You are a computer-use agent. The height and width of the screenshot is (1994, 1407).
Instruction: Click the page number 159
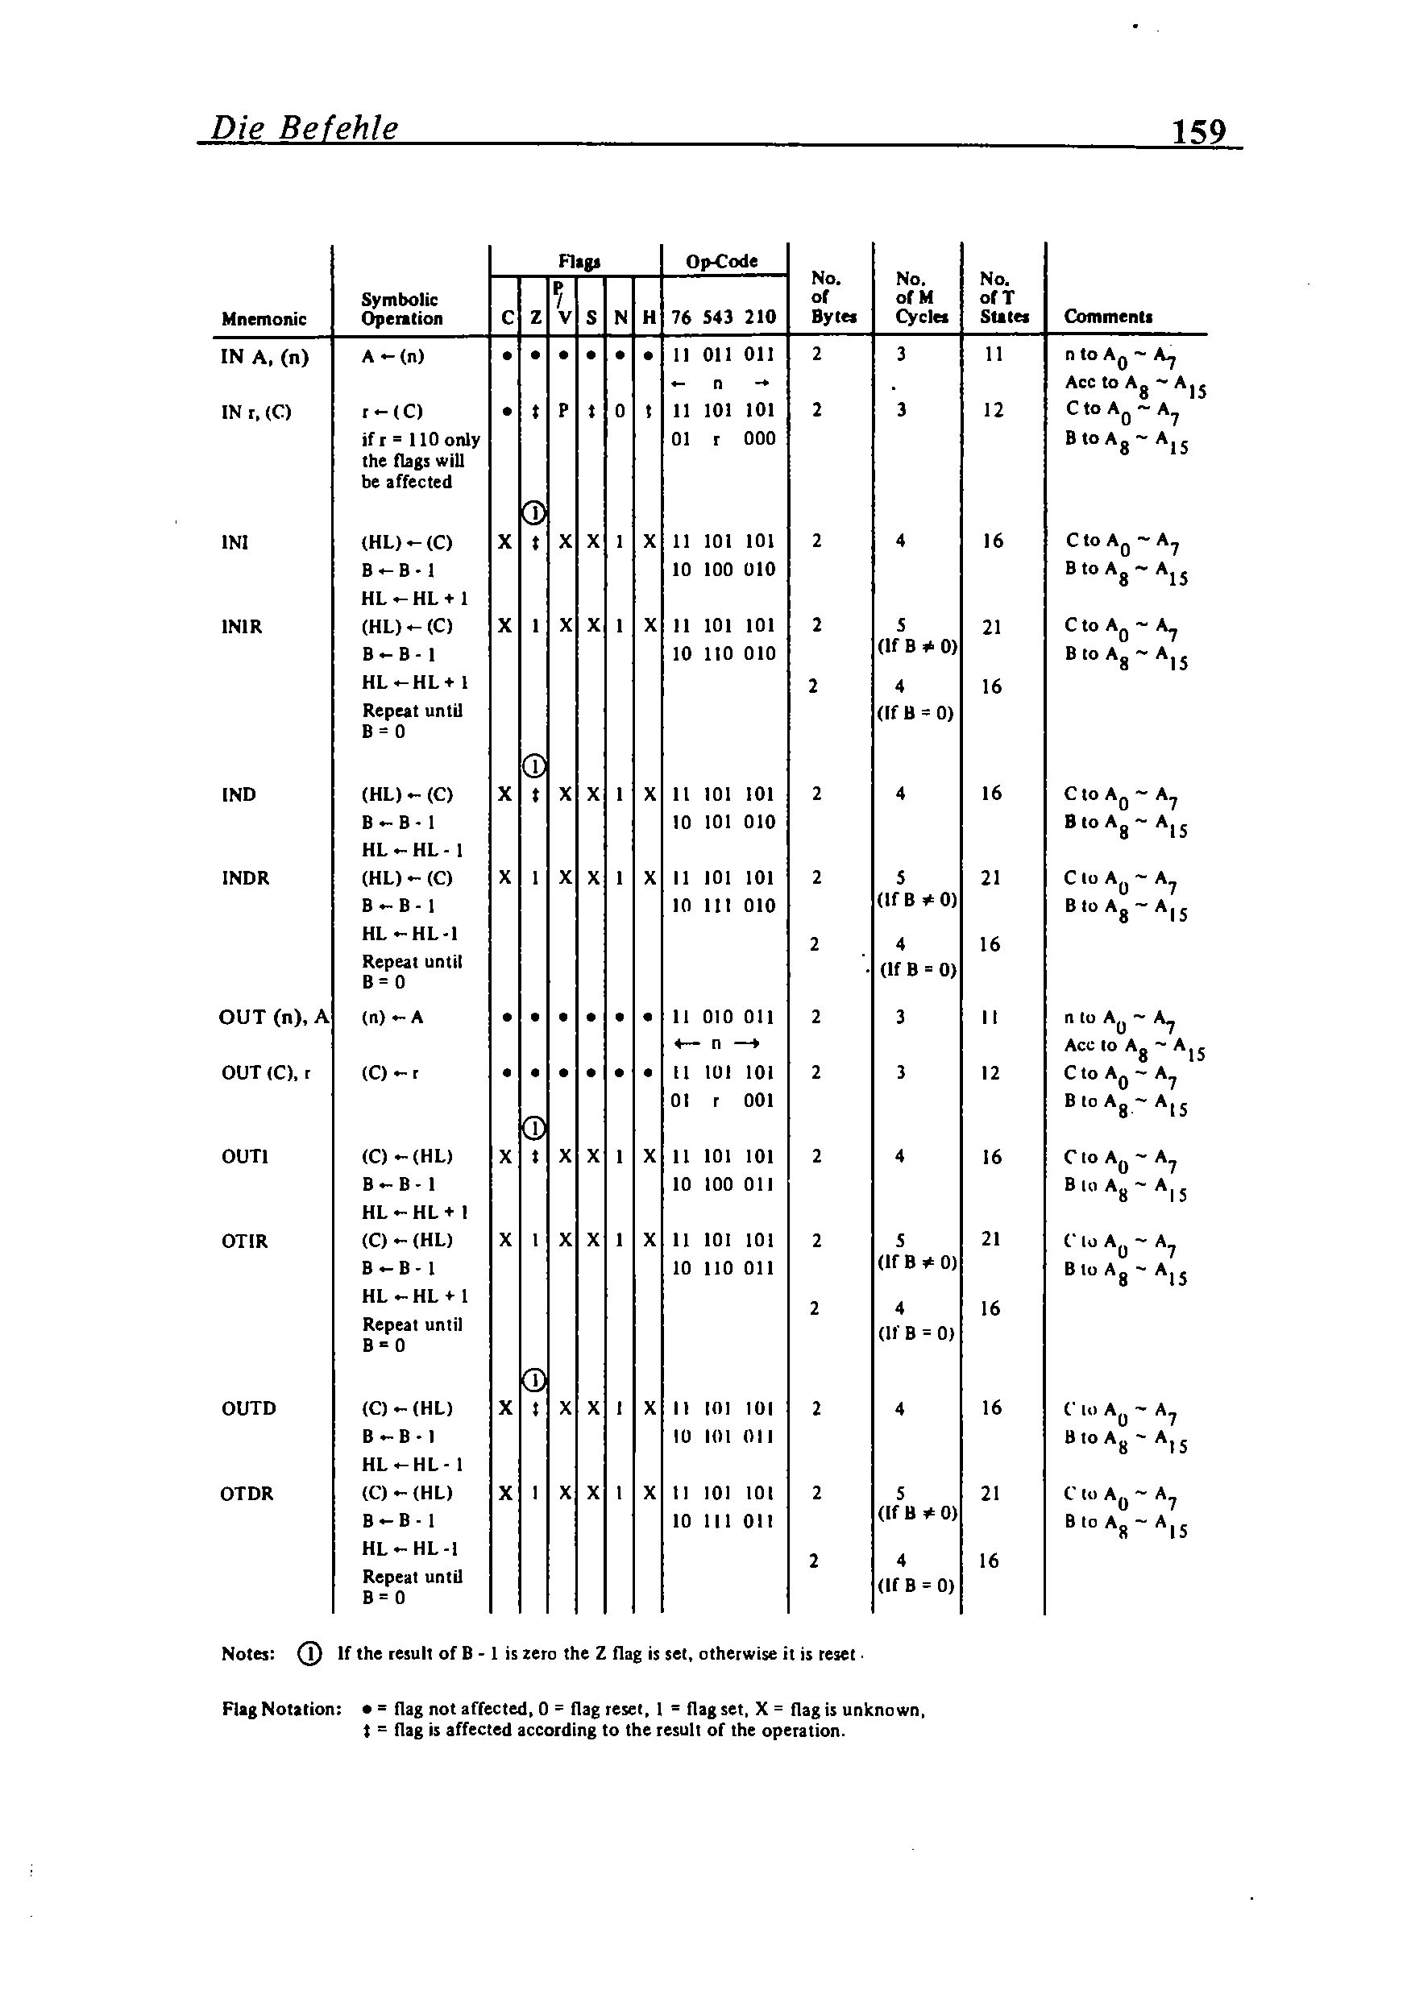[1198, 131]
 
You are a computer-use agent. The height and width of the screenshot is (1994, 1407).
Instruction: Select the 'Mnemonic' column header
[264, 319]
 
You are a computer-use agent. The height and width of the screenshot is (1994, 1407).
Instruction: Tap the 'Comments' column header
[1108, 317]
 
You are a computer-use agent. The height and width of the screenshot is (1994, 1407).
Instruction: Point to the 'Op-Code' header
[722, 261]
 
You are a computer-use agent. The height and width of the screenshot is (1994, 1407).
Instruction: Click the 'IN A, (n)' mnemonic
[265, 356]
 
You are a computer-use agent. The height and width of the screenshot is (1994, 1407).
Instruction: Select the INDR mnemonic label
[245, 878]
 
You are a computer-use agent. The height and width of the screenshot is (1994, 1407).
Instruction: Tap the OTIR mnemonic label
[244, 1241]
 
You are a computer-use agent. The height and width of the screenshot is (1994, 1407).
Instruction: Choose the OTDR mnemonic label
[247, 1493]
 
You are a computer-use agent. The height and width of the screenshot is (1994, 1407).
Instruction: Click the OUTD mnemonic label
[248, 1407]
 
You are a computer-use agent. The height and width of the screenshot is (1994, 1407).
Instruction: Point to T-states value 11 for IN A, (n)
[994, 354]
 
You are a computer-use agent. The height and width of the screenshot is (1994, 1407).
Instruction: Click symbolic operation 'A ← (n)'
[392, 356]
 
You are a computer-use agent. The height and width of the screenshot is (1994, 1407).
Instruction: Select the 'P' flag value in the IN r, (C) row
[562, 410]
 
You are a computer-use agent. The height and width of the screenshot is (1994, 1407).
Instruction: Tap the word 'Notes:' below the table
[248, 1653]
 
